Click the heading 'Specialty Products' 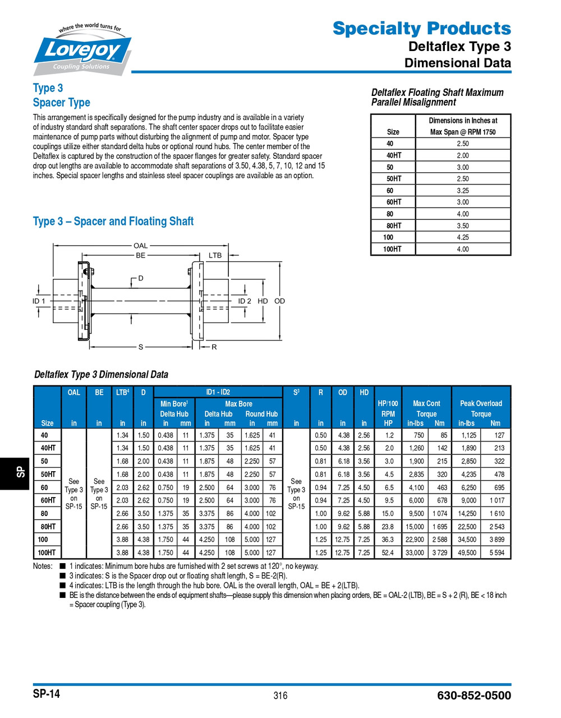click(x=421, y=28)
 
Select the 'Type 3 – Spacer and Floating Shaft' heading click(x=113, y=222)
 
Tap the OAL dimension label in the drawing click(x=140, y=245)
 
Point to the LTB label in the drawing click(x=215, y=255)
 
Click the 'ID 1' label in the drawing click(x=39, y=301)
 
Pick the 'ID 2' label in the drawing click(x=245, y=301)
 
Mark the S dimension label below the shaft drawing click(x=141, y=347)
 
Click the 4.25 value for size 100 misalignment click(x=462, y=237)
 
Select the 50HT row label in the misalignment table click(x=393, y=179)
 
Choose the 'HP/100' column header click(x=388, y=403)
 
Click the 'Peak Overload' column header click(x=481, y=403)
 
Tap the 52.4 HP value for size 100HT click(x=388, y=553)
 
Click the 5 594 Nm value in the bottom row click(x=496, y=553)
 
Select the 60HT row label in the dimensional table click(x=48, y=500)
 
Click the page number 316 click(x=280, y=696)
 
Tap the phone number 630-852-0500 click(x=473, y=696)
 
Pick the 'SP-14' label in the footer click(x=46, y=694)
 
